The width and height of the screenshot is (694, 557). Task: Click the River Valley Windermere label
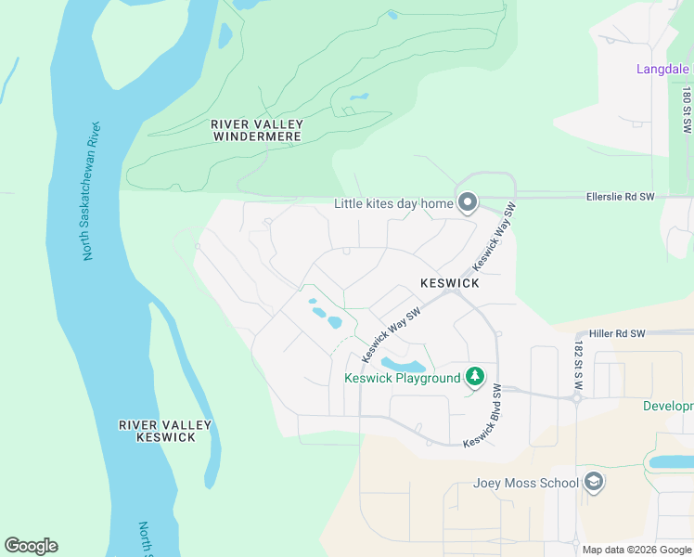[x=257, y=130]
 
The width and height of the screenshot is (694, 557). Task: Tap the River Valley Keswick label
[x=165, y=431]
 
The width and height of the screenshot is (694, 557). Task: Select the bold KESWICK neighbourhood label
[x=449, y=282]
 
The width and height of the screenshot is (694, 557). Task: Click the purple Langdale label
[x=662, y=69]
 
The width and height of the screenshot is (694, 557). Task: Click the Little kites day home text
[x=393, y=203]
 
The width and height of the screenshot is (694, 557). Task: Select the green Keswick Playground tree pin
[x=475, y=376]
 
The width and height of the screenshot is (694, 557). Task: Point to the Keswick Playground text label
[x=403, y=378]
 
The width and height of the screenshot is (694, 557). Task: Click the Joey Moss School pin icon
[x=595, y=482]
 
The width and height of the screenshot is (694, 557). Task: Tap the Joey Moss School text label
[x=526, y=483]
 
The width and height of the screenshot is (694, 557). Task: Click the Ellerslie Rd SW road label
[x=621, y=197]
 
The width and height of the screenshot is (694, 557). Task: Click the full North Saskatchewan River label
[x=92, y=190]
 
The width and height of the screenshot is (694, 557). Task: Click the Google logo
[x=31, y=546]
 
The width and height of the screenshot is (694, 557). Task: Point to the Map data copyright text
[x=636, y=550]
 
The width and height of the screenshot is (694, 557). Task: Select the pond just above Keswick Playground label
[x=404, y=364]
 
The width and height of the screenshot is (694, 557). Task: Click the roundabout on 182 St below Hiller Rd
[x=576, y=398]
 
